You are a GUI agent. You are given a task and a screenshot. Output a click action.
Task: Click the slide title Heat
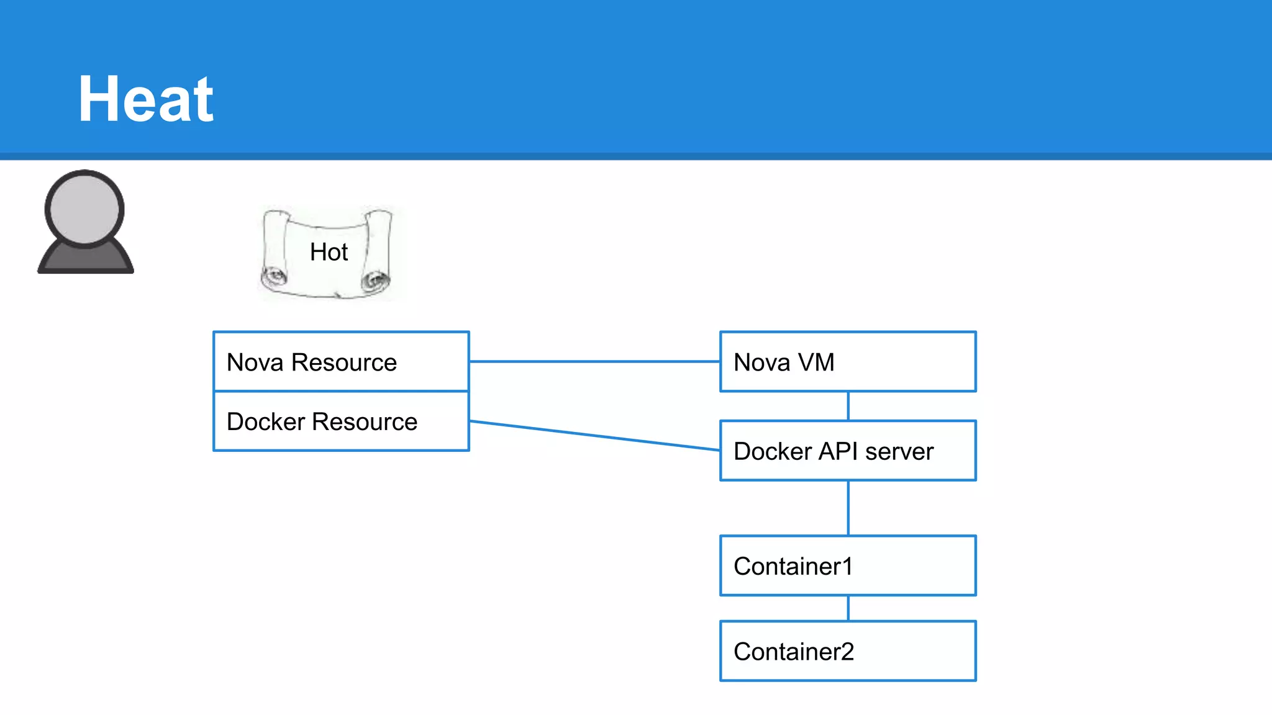click(146, 99)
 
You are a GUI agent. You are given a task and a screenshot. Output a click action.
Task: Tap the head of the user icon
click(84, 209)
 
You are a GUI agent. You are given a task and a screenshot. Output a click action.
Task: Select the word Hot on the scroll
click(329, 252)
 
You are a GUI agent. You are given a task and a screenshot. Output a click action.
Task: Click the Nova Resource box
click(341, 362)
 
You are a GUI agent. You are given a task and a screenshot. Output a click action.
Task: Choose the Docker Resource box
click(341, 421)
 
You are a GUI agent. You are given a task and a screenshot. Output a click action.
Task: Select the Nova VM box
click(848, 362)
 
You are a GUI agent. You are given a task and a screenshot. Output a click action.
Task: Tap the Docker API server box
click(848, 451)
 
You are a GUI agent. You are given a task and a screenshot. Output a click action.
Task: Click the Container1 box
click(848, 566)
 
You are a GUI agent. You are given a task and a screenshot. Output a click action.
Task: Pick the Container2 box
click(848, 651)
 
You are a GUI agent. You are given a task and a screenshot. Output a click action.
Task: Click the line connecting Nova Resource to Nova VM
click(594, 361)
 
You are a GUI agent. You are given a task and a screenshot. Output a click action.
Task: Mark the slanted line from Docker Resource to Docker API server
click(594, 436)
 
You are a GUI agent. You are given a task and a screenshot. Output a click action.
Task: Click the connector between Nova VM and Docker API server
click(848, 406)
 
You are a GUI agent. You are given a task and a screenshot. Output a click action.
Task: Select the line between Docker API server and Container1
click(848, 508)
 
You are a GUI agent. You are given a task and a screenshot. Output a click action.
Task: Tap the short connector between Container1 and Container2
click(848, 608)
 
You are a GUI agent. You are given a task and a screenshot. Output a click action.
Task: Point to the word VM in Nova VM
click(815, 362)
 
